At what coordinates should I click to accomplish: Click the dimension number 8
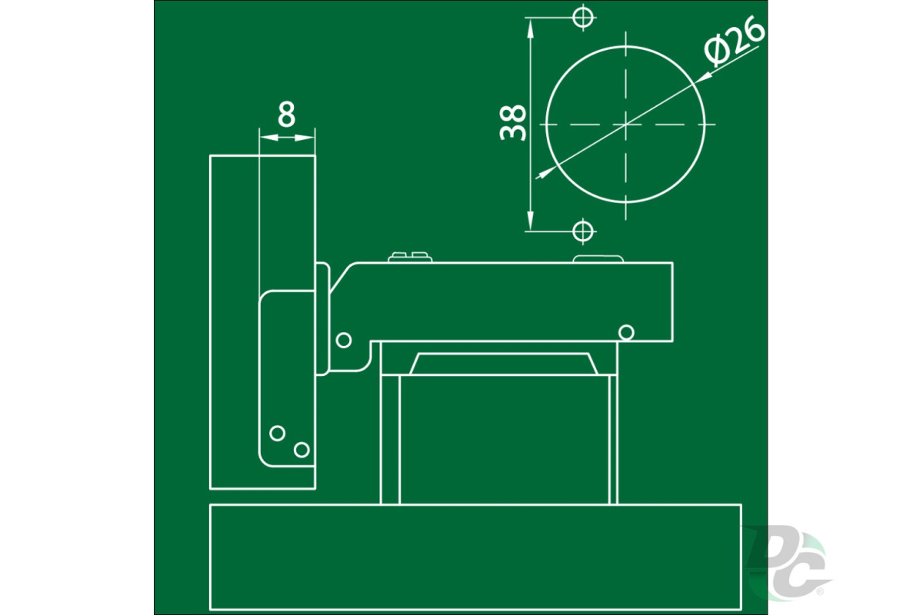click(286, 114)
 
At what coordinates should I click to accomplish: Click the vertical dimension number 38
click(512, 123)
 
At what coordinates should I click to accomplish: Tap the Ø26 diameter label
click(735, 41)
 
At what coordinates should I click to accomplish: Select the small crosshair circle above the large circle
click(583, 18)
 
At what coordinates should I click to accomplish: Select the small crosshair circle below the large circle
click(583, 231)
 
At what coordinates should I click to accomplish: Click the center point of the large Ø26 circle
click(626, 125)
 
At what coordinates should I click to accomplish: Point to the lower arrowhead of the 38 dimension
click(530, 221)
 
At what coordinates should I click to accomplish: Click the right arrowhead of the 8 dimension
click(305, 138)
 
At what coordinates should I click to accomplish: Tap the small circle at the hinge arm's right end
click(626, 332)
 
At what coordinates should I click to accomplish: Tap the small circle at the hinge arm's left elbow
click(344, 341)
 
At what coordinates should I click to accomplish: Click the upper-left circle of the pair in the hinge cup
click(278, 434)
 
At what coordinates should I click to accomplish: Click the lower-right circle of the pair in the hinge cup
click(302, 450)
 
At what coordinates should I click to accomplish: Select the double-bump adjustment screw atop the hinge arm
click(410, 258)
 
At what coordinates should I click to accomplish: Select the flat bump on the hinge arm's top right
click(598, 259)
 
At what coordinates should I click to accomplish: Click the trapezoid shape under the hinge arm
click(504, 364)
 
